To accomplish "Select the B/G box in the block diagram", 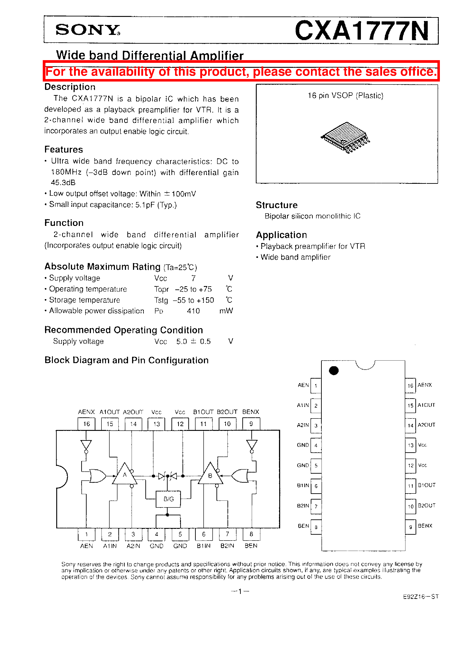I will coord(168,499).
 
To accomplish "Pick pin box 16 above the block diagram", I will coord(86,424).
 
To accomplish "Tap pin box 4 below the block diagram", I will coord(156,534).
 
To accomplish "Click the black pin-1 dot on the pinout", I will coord(334,371).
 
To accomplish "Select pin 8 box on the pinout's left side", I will coord(316,527).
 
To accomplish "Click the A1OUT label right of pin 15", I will coord(426,405).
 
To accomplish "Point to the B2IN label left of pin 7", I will coord(303,506).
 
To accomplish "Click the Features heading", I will coord(64,149).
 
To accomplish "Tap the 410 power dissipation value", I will coord(193,311).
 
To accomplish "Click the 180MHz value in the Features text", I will coord(66,172).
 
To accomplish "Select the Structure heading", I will coord(277,205).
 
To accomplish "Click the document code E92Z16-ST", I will coord(421,597).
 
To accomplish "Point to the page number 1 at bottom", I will coord(240,591).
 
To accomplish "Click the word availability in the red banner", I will coord(121,72).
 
